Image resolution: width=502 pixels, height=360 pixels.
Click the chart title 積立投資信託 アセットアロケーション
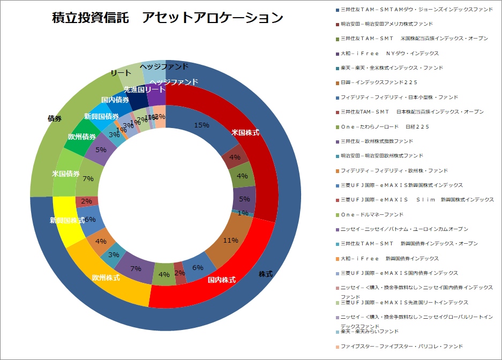tap(168, 18)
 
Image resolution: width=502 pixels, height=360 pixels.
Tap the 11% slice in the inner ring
tap(231, 240)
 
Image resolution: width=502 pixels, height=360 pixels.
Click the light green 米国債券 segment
tap(66, 174)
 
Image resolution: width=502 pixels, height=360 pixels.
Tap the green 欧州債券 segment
tap(82, 137)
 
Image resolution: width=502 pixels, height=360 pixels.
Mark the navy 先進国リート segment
tap(137, 91)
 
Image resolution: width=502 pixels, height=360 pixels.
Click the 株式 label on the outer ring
tap(266, 274)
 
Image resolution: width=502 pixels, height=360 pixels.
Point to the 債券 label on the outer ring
tap(54, 118)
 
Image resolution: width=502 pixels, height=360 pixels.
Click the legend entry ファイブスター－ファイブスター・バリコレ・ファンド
tap(401, 346)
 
